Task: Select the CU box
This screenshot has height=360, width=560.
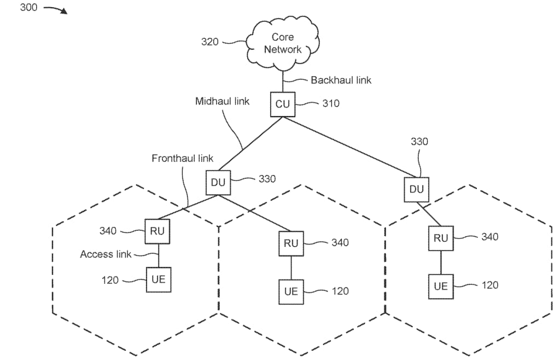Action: (x=282, y=104)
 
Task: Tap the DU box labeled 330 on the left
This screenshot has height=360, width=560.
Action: (x=218, y=183)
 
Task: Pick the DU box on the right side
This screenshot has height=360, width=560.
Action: (x=417, y=189)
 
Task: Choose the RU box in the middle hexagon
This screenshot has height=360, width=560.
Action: (x=291, y=243)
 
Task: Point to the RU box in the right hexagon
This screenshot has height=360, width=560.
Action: (x=441, y=238)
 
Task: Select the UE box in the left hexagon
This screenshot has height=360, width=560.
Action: (x=158, y=280)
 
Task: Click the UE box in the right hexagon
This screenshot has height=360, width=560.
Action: (x=441, y=286)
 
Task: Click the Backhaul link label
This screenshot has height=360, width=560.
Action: (x=341, y=80)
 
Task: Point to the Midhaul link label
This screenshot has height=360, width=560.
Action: (x=222, y=102)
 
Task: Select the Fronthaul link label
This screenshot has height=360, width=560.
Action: (x=182, y=158)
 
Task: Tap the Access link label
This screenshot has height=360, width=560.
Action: (x=106, y=254)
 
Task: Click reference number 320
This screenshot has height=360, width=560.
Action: (x=210, y=42)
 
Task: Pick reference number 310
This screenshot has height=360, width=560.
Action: (x=330, y=103)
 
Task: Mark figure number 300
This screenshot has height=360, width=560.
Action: (x=28, y=8)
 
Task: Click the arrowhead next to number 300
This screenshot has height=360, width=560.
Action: (x=64, y=11)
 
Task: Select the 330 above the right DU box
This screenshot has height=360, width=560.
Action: (x=419, y=142)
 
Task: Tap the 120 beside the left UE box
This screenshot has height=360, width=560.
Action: (x=110, y=280)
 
